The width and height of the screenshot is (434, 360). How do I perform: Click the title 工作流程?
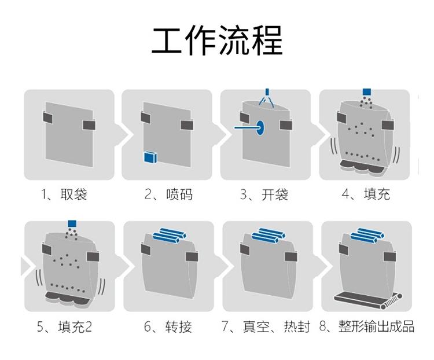click(x=217, y=39)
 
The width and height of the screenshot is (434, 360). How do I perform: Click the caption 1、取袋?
click(x=64, y=194)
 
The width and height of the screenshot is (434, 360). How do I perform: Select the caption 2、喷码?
click(x=168, y=194)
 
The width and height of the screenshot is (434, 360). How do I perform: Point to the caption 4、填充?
click(x=366, y=194)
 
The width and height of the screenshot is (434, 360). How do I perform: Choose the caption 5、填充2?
click(x=64, y=327)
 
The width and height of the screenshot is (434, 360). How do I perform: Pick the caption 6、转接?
click(x=168, y=327)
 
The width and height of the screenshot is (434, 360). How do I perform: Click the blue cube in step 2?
click(x=150, y=157)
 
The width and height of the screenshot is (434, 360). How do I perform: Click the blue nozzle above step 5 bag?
click(x=72, y=223)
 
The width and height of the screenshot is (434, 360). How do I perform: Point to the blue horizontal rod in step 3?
click(x=245, y=127)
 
